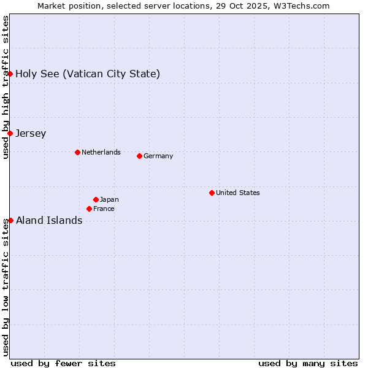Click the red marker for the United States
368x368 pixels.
tap(212, 193)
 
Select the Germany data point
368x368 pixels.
tap(139, 156)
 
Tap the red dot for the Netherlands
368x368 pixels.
tap(77, 152)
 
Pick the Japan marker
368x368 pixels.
tap(96, 199)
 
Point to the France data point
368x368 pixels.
tap(89, 209)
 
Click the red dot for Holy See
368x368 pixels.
tap(10, 74)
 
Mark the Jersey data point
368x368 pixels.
tap(10, 133)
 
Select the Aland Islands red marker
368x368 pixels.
tap(10, 220)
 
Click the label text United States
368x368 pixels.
tap(238, 193)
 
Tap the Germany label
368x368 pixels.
tap(158, 156)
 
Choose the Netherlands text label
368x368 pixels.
tap(101, 152)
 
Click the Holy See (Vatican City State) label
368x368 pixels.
tap(88, 74)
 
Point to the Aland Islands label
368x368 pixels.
tap(49, 221)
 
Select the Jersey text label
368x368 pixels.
tap(31, 134)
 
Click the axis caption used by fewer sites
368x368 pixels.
tap(63, 363)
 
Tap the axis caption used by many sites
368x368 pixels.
tap(308, 363)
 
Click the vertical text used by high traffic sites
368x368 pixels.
tap(6, 87)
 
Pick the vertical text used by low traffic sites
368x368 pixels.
tap(6, 287)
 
